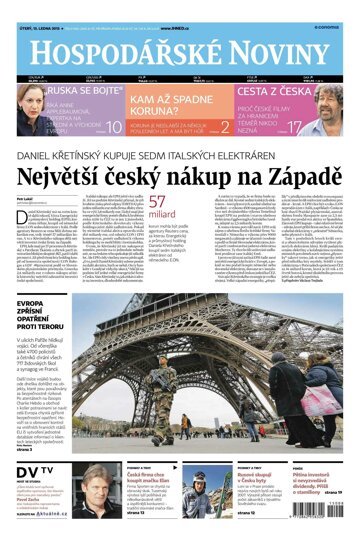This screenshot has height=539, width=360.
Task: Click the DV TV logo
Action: (x=33, y=470)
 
